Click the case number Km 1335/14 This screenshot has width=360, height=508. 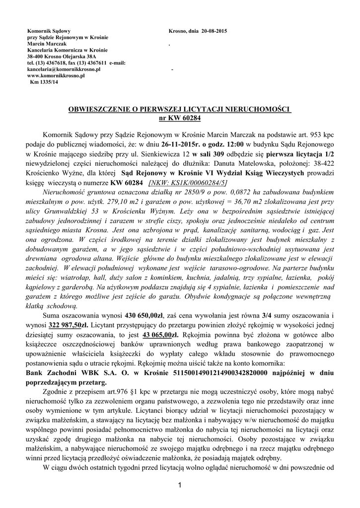point(44,82)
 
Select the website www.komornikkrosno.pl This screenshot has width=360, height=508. point(56,76)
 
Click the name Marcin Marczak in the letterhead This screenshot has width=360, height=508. point(45,44)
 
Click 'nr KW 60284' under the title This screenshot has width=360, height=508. point(179,118)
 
